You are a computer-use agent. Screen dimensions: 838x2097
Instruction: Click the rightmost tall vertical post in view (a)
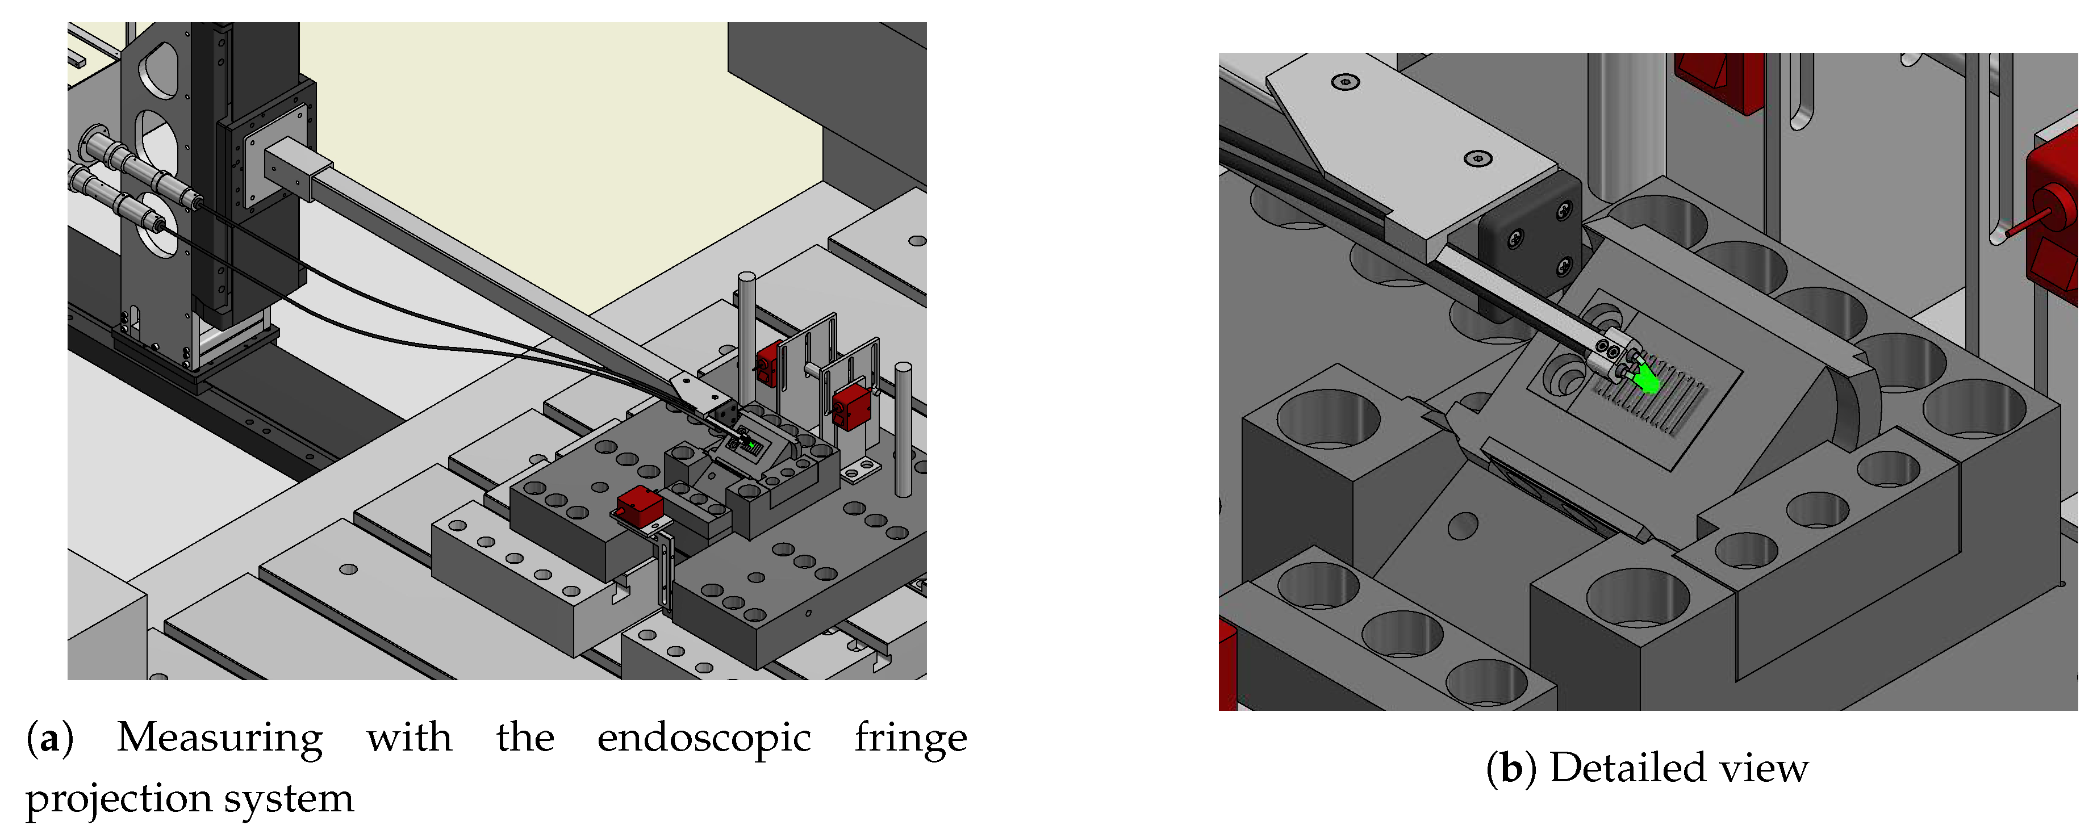pyautogui.click(x=903, y=431)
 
